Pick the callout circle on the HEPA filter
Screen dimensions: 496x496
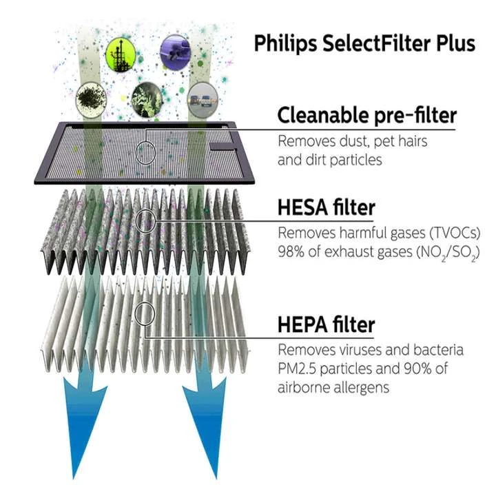click(x=145, y=315)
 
